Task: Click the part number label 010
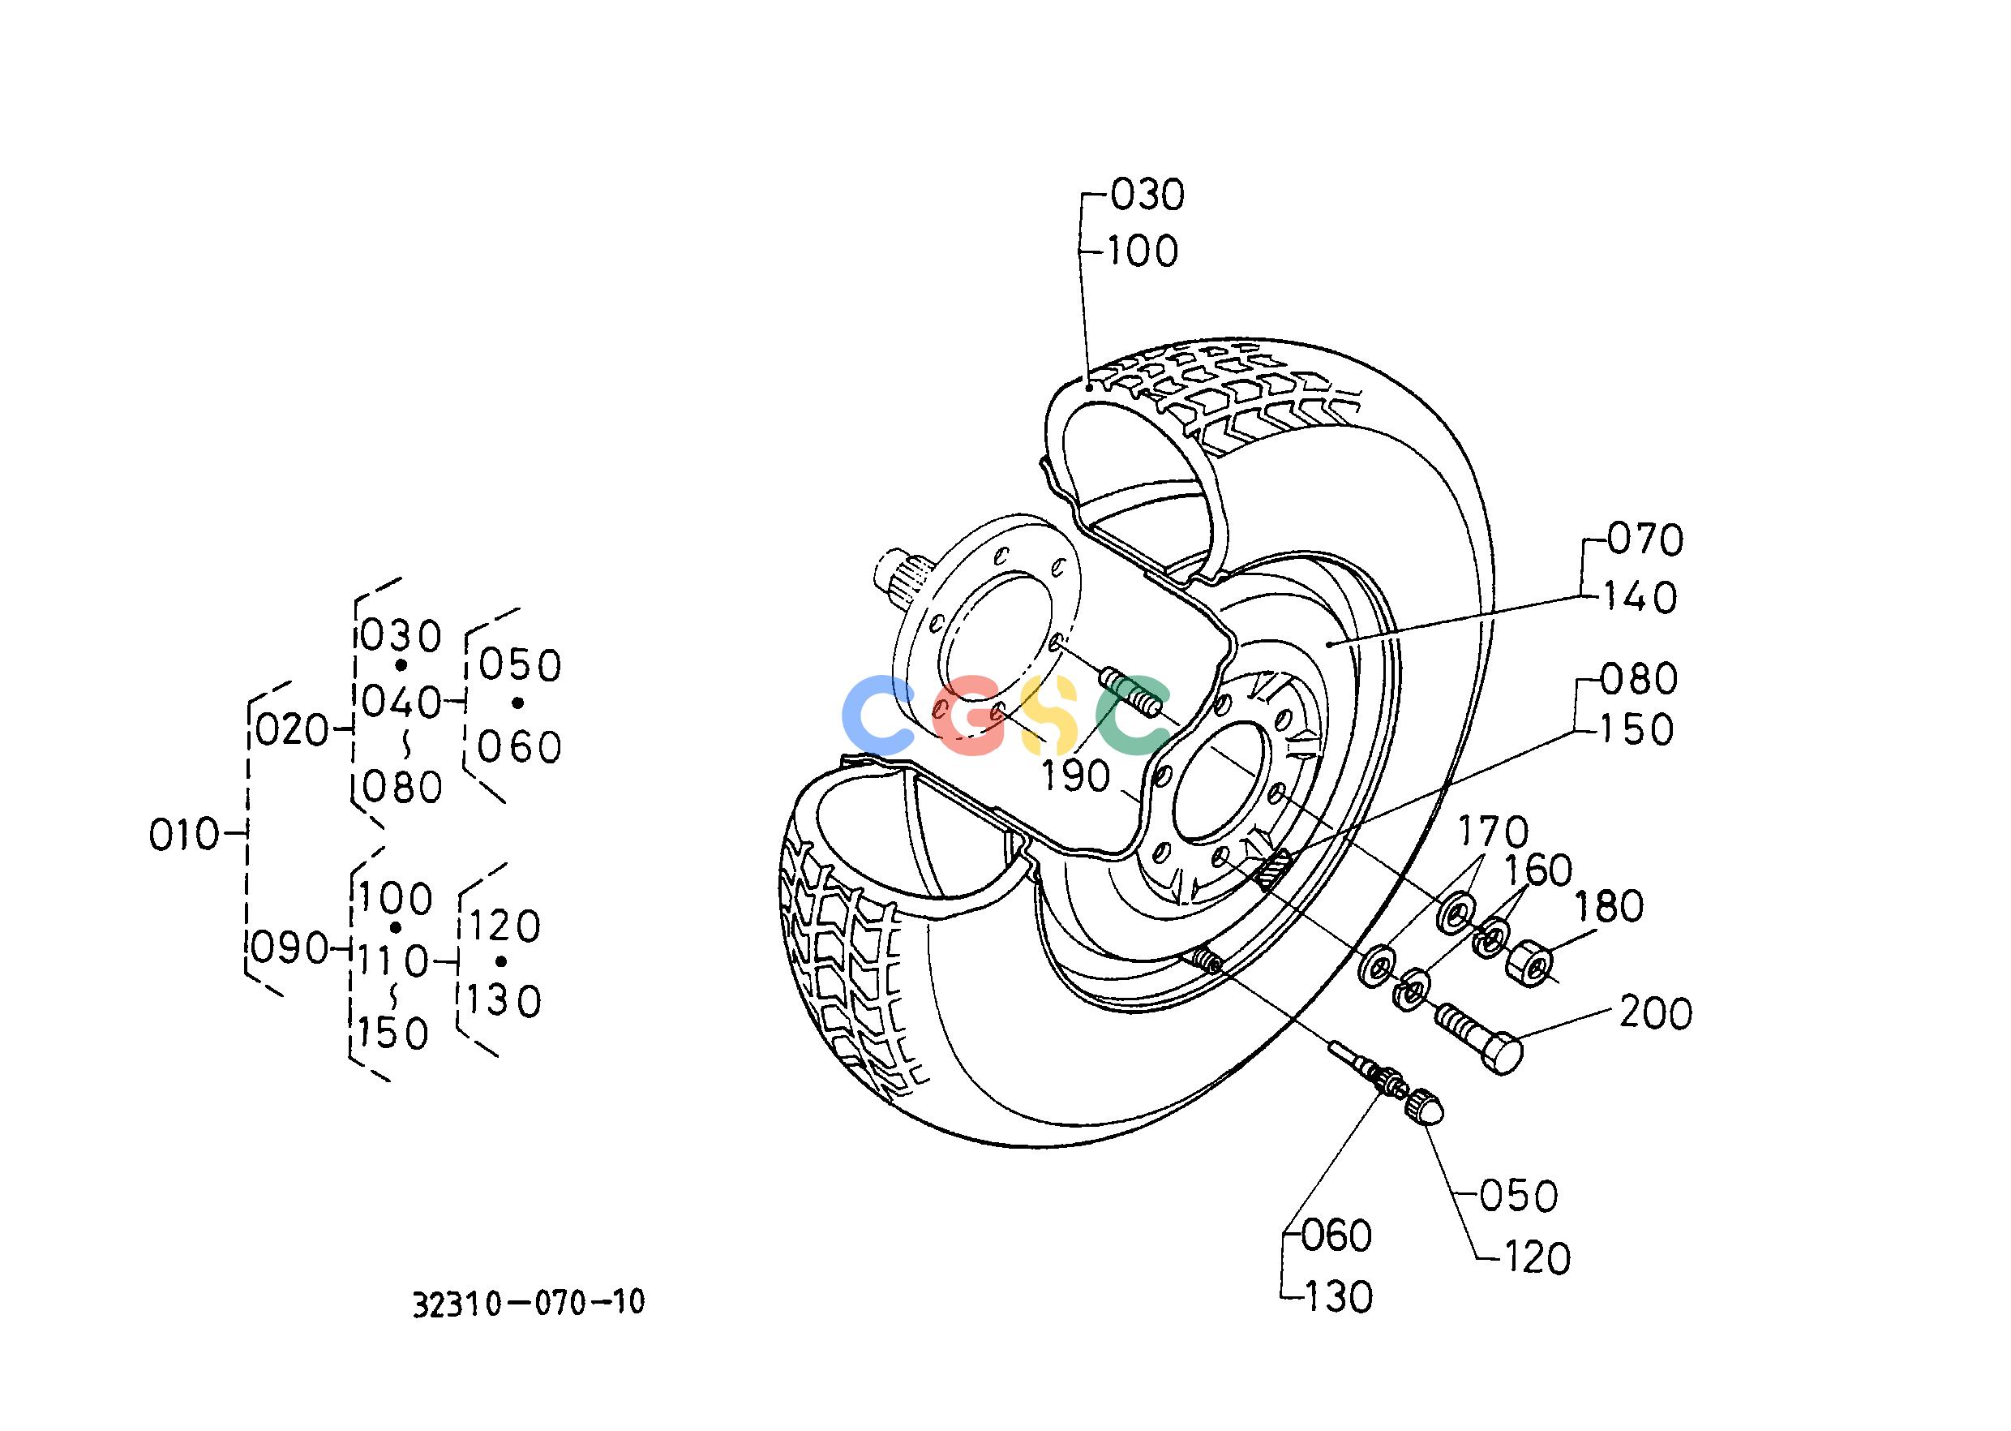(x=183, y=835)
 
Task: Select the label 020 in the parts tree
(x=292, y=730)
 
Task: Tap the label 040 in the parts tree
(x=401, y=703)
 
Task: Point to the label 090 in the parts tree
(x=289, y=948)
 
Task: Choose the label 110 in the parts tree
(x=392, y=960)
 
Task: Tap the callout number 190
(x=1075, y=776)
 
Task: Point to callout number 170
(x=1493, y=832)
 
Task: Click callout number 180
(x=1609, y=907)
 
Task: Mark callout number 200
(x=1656, y=1013)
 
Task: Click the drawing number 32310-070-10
(x=530, y=1302)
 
